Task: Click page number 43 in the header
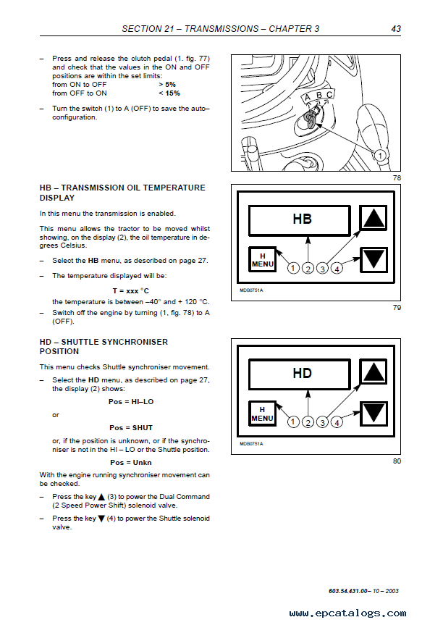coord(395,29)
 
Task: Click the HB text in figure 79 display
coord(302,218)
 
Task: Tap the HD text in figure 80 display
coord(302,374)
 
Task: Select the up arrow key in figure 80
coord(374,373)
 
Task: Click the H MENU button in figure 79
coord(262,260)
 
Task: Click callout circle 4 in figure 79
coord(338,268)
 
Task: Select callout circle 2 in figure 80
coord(308,422)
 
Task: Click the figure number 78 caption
coord(396,178)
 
